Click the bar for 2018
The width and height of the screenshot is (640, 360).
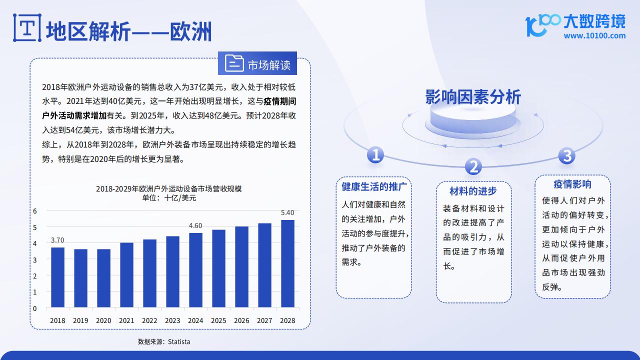coord(57,277)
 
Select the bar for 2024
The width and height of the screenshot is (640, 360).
coord(195,270)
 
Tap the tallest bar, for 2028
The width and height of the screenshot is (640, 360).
coord(287,263)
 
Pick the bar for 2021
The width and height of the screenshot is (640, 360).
coord(126,275)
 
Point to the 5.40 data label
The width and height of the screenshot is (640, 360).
coord(287,212)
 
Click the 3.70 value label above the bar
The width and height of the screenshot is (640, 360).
coord(57,240)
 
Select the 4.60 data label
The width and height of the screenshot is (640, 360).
coord(195,225)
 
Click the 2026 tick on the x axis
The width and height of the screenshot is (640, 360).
coord(241,320)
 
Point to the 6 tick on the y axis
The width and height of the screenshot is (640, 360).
coord(35,211)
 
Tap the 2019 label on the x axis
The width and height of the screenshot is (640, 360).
coord(80,320)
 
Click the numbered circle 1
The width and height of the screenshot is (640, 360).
coord(375,154)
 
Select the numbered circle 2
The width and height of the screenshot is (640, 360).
coord(473,166)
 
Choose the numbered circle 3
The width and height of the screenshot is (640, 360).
coord(567,155)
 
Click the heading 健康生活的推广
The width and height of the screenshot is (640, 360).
coord(374,186)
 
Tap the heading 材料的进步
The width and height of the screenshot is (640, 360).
coord(473,191)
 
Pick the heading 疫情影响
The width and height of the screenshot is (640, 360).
coord(572,184)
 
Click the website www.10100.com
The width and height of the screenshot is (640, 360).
coord(594,35)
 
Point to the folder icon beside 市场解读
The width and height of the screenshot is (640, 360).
coord(234,63)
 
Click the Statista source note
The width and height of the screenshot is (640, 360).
coord(164,341)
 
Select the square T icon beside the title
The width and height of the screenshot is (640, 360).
coord(27,27)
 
